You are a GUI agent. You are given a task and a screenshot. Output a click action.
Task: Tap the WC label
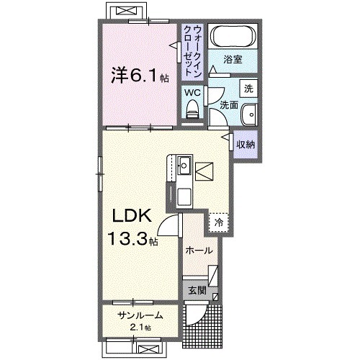[192, 92]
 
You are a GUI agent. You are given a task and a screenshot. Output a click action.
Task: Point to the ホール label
[199, 251]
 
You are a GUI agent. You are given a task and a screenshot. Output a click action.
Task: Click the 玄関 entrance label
[197, 291]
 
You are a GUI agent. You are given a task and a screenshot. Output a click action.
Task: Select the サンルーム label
[141, 315]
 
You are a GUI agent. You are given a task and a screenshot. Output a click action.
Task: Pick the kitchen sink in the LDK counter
[184, 164]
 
